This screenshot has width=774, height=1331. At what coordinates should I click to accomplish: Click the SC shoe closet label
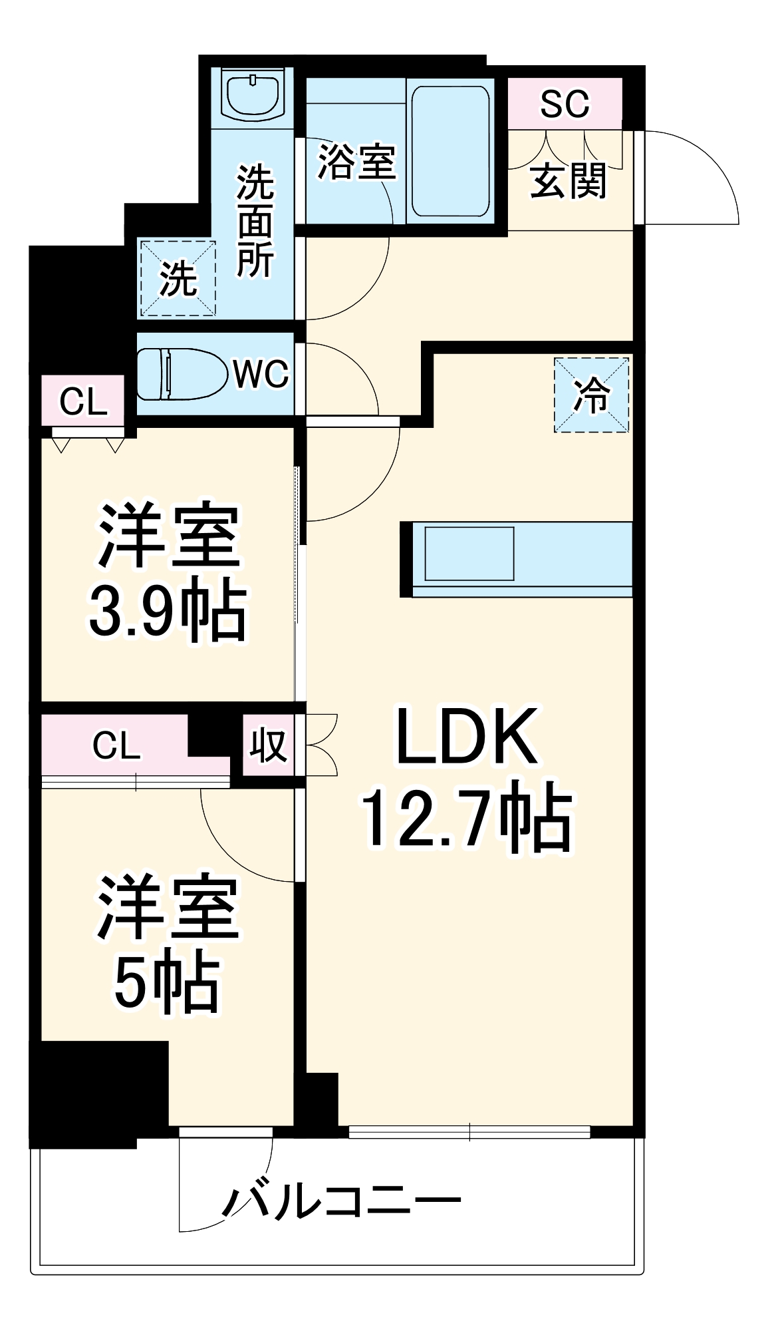pos(565,104)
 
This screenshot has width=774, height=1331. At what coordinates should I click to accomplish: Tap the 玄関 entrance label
pos(569,180)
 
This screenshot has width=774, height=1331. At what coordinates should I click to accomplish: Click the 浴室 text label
pos(356,161)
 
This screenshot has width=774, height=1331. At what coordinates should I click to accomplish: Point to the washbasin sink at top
pos(254,95)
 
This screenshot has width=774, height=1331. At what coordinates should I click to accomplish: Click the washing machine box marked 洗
pos(178,278)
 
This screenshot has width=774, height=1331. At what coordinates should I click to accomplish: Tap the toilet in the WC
pos(178,374)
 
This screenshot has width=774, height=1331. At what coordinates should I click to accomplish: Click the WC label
pos(261,374)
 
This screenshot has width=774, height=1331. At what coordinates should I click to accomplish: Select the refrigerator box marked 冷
pos(591,395)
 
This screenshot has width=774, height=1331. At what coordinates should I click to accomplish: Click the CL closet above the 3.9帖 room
pos(83,401)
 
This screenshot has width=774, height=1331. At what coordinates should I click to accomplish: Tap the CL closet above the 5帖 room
pos(116,745)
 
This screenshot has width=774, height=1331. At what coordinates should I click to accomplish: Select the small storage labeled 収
pos(267,745)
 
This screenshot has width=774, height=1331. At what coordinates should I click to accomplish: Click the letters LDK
pos(466,737)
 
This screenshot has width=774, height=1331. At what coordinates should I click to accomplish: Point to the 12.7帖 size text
pos(466,821)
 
